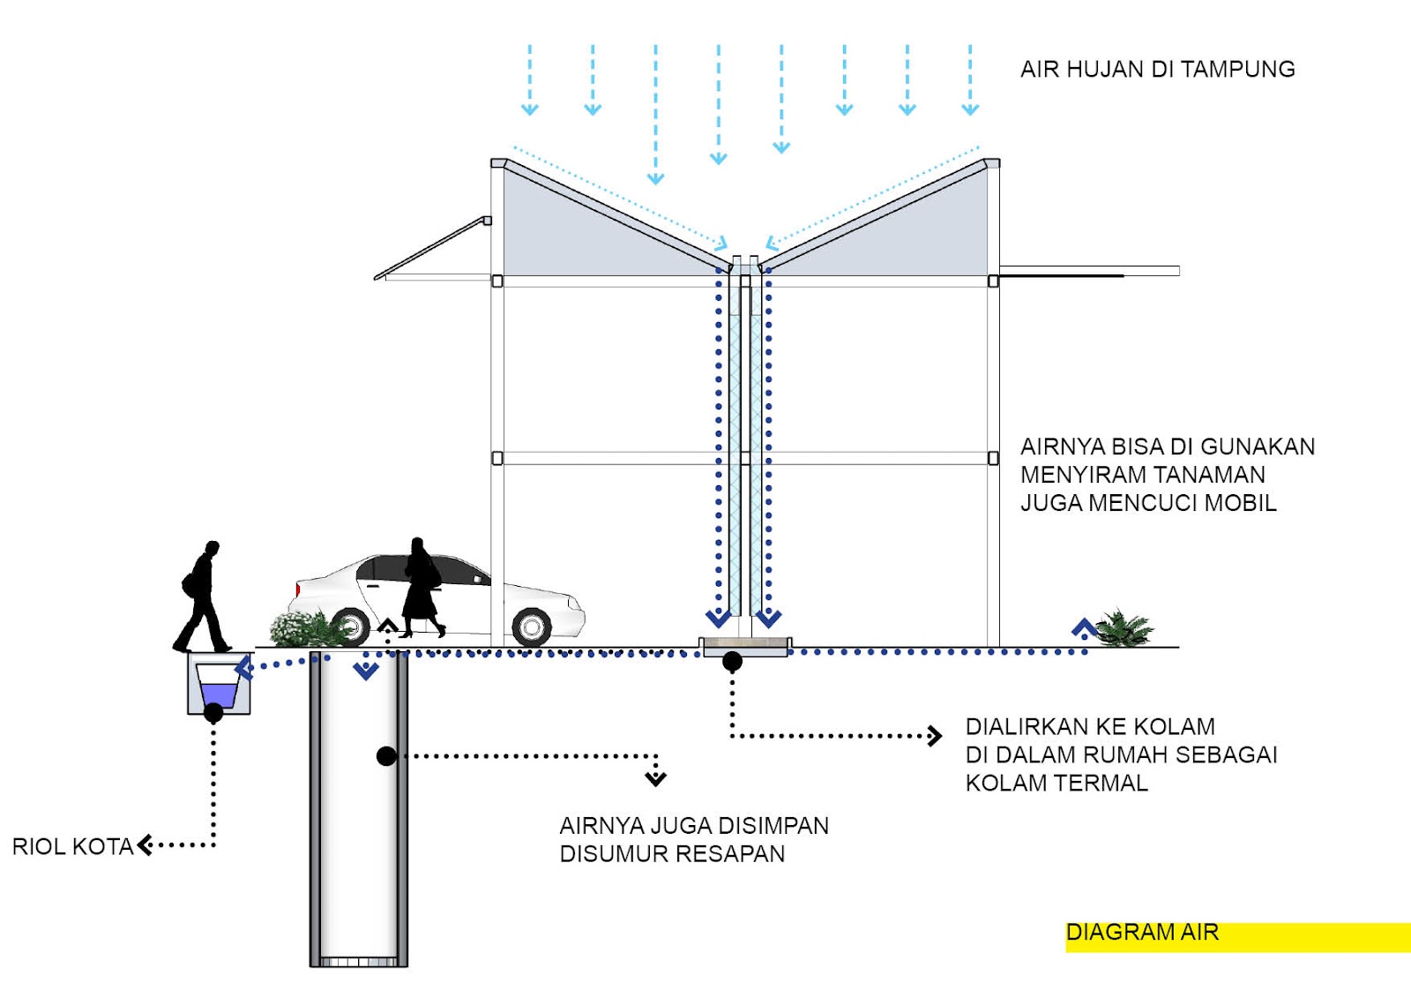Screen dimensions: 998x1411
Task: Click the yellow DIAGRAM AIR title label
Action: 1142,933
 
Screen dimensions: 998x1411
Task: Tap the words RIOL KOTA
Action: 72,846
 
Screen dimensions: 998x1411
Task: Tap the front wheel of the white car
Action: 532,627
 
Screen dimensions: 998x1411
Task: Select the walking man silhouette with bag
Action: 202,598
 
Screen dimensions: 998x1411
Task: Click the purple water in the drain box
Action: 219,694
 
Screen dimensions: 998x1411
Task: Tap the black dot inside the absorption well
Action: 386,755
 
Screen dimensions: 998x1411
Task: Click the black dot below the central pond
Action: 732,661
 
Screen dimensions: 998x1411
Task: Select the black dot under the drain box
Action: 213,713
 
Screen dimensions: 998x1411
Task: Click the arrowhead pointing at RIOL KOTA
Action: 145,845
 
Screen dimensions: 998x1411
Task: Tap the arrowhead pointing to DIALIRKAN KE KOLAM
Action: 935,735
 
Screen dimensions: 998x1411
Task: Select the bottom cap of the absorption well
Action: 359,961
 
